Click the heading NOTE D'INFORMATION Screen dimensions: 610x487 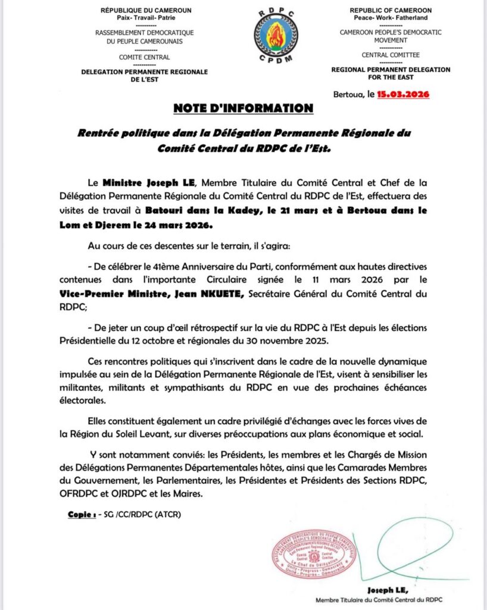243,108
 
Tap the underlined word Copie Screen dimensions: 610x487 82,513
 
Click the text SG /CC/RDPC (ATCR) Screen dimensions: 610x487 142,513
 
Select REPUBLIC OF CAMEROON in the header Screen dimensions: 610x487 390,11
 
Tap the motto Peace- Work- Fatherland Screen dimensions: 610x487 390,18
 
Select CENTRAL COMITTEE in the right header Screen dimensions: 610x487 390,55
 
